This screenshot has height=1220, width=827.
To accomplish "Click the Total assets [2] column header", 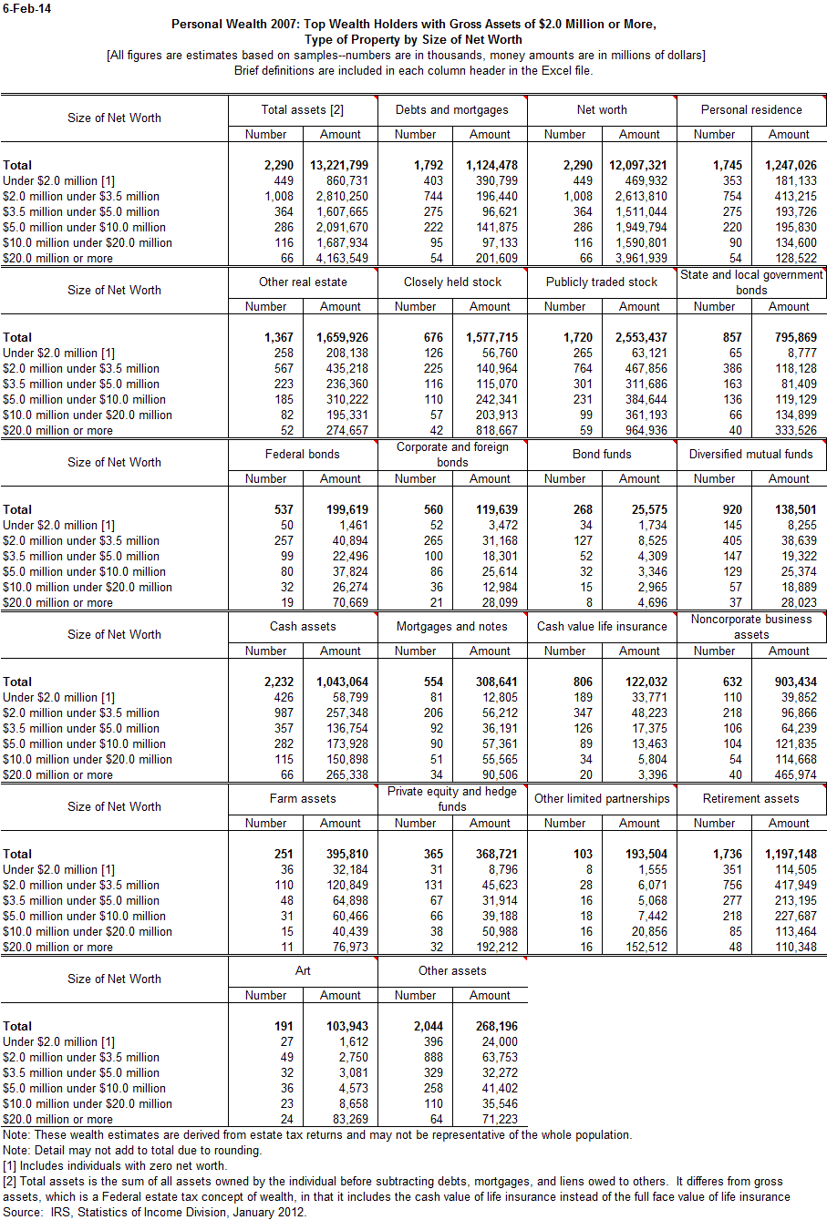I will tap(303, 110).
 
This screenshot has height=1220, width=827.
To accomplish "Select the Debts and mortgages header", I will tap(452, 110).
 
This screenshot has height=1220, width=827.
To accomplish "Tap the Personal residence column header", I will tap(751, 110).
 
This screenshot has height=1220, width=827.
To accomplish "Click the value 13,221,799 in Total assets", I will tap(338, 166).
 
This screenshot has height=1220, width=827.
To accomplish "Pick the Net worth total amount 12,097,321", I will tap(637, 166).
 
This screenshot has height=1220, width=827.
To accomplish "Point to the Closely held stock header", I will tap(452, 282).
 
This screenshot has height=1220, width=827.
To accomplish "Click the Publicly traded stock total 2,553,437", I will tap(637, 338).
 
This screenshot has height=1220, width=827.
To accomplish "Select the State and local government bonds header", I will tap(751, 282).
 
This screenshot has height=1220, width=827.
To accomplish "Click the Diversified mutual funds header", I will tap(751, 455).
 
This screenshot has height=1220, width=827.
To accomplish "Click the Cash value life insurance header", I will tap(602, 627).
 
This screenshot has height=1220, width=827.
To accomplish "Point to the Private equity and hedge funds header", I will tap(452, 799).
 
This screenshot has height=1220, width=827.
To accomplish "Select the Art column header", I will tap(303, 971).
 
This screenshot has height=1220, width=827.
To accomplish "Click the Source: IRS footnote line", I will tap(154, 1213).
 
